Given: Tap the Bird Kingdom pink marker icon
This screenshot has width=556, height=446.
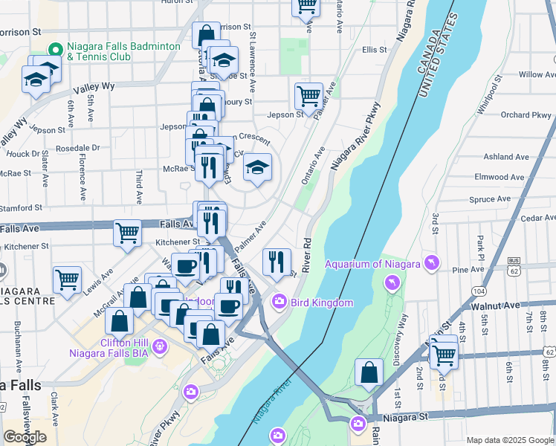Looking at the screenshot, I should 279,302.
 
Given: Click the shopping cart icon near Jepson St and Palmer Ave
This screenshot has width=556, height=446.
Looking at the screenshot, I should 308,95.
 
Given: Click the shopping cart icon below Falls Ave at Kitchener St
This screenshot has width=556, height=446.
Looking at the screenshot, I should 128,232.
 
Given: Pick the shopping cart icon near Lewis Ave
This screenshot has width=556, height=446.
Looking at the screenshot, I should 67,279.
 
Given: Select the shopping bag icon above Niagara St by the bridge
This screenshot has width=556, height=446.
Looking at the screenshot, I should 369,372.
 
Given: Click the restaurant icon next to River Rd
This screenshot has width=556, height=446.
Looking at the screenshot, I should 277,261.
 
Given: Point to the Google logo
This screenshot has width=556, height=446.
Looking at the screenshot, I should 25,437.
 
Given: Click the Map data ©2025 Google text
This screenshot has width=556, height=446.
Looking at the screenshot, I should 509,440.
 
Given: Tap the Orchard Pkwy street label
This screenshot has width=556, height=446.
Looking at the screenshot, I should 526,115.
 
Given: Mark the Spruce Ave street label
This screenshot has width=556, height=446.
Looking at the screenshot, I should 490,199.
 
